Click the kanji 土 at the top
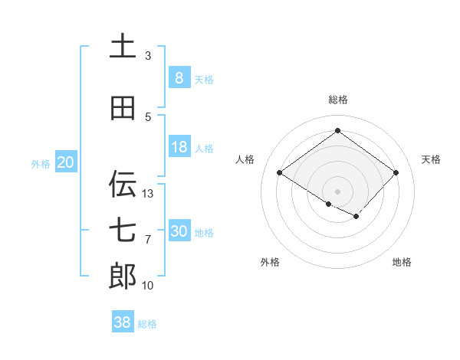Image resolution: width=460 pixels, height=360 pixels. coord(123,47)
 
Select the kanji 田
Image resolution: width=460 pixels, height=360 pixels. coord(123,108)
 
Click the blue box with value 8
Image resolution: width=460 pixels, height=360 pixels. coord(179,78)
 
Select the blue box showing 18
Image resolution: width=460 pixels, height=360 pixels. coord(179,147)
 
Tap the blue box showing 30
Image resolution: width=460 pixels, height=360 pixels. coord(179,231)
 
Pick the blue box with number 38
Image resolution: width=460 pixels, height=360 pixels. coord(123,322)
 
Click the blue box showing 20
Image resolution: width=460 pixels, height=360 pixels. coord(66,162)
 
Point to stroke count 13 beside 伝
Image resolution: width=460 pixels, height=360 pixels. coord(148,193)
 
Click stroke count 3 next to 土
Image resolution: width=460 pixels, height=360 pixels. coord(148,56)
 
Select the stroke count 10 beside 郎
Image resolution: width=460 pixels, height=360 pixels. coord(148,285)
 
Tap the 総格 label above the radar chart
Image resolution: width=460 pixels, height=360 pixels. coord(337,100)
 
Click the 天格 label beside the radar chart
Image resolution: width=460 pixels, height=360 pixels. coord(431,159)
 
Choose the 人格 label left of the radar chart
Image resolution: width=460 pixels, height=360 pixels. coord(245,159)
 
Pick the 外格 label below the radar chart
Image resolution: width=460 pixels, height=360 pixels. coord(270,262)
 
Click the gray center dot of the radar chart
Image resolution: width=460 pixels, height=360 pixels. coord(337,190)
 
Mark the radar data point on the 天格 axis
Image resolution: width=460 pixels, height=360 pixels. coord(396,172)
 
